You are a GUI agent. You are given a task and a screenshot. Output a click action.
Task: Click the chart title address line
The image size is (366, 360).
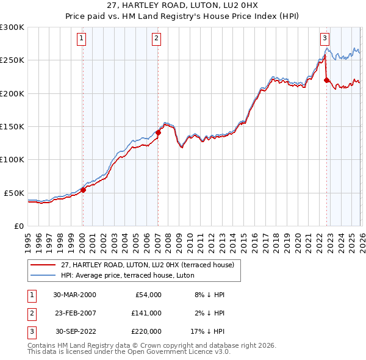(183, 6)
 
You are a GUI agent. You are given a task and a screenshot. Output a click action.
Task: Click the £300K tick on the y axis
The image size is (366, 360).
(12, 27)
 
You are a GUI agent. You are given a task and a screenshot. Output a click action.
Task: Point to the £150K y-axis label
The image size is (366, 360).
(12, 126)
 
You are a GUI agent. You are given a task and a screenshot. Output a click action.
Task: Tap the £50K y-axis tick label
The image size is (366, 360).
(15, 193)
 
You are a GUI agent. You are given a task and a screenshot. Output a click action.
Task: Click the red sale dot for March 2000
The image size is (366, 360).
(84, 190)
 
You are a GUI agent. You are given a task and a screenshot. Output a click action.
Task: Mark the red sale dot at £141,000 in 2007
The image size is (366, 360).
(158, 132)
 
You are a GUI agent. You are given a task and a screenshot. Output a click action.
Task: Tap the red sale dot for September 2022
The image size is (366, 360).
(326, 80)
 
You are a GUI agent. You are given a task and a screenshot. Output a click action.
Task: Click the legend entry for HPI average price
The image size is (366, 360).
(127, 275)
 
